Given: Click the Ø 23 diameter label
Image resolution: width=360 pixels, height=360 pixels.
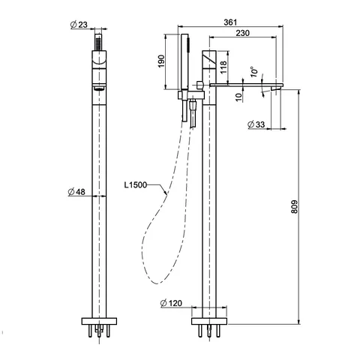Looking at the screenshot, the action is point(79,25).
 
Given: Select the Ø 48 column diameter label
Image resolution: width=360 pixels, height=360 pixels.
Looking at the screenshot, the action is point(76,192).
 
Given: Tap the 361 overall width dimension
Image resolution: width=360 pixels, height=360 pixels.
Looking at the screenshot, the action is point(230,22).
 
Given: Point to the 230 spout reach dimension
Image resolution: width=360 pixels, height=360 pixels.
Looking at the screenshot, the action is point(242,33).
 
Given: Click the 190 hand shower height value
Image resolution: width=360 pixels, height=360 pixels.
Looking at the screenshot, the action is point(161,61).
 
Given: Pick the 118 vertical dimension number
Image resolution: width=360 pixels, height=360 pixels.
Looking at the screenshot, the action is point(223,67).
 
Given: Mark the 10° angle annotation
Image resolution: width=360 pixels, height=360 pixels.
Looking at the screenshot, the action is point(254,71).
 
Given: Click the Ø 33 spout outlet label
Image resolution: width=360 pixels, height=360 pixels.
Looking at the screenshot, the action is point(256,124).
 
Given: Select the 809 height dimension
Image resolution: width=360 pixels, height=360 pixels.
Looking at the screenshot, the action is point(295,206).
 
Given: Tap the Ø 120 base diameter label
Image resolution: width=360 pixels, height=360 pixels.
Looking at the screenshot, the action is point(171,303).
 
